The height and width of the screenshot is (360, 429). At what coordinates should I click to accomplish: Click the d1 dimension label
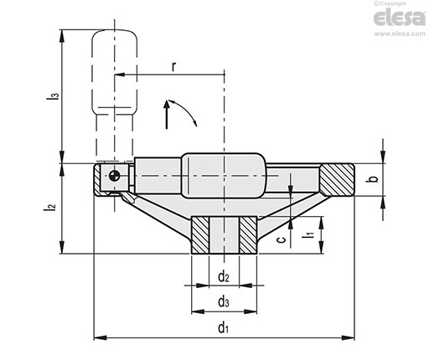[223, 327]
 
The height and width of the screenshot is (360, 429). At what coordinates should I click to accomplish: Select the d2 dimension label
[224, 277]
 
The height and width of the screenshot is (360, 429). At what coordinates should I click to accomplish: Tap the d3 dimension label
[224, 301]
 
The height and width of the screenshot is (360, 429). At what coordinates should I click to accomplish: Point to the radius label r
[173, 67]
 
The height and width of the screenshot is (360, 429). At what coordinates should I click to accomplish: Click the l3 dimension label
[54, 95]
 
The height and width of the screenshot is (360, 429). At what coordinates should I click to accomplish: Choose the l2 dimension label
[49, 208]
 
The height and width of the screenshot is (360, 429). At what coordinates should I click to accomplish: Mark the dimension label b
[375, 179]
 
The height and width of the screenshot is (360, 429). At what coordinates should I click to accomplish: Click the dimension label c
[282, 239]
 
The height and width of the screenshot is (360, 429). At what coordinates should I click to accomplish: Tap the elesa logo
[400, 18]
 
